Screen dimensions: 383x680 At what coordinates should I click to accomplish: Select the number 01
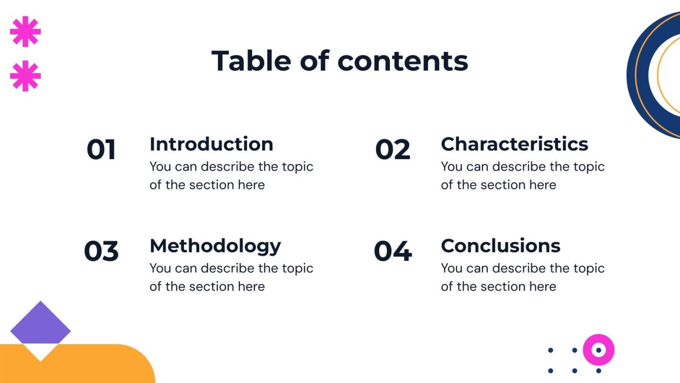tap(101, 150)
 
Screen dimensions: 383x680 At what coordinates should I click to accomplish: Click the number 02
tap(392, 150)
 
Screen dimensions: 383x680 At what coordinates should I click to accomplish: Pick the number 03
tap(101, 252)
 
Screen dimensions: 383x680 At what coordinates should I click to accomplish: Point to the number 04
tap(392, 252)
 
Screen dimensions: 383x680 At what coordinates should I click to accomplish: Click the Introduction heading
tap(211, 144)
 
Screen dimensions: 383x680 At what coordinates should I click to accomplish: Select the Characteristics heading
tap(514, 144)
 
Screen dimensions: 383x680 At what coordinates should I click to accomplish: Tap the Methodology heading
tap(215, 246)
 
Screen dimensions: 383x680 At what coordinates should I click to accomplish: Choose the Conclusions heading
tap(501, 246)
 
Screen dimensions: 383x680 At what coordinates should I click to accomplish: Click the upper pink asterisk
tap(25, 31)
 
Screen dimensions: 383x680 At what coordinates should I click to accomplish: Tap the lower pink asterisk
tap(25, 76)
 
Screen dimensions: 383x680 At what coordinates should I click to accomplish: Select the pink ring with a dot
tap(599, 350)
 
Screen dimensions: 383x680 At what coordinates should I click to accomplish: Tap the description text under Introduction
tap(231, 175)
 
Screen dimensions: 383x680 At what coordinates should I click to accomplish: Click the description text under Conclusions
tap(522, 277)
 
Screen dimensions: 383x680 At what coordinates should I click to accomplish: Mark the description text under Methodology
tap(231, 277)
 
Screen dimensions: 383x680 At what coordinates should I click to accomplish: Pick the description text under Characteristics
tap(522, 175)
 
